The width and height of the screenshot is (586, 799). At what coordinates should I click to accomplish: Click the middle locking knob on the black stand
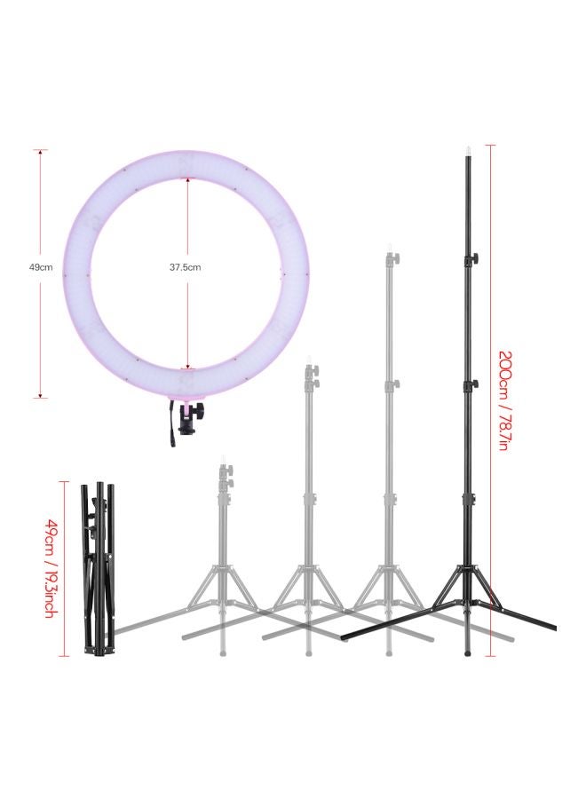click(x=473, y=384)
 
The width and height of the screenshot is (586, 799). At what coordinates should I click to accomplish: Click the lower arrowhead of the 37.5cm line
click(x=186, y=366)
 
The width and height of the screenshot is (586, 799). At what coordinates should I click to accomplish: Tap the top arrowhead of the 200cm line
click(x=491, y=147)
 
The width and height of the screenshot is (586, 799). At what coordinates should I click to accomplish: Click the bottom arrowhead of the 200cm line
click(x=491, y=655)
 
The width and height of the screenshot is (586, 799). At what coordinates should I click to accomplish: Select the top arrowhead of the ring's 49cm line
click(x=41, y=152)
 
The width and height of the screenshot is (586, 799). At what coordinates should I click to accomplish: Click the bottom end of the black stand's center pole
click(x=468, y=654)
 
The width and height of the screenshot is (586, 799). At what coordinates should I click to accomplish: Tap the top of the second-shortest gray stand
click(x=307, y=361)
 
